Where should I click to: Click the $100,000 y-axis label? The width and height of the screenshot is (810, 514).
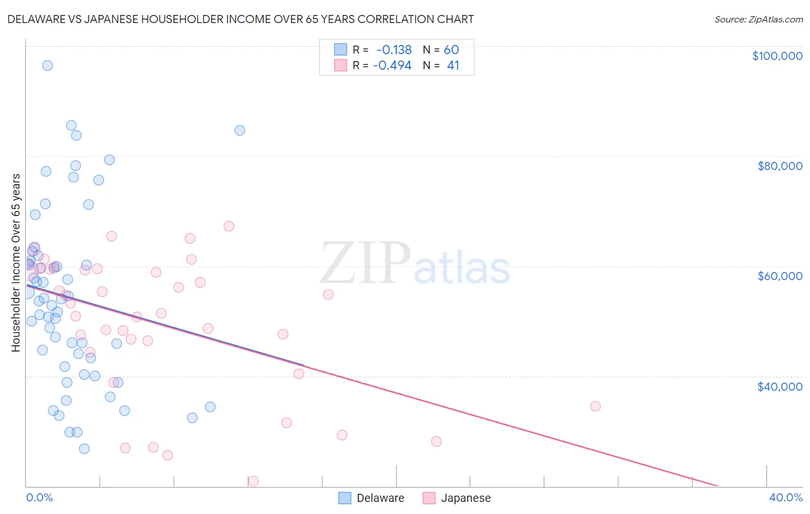[777, 56]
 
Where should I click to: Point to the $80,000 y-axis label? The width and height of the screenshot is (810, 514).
[779, 166]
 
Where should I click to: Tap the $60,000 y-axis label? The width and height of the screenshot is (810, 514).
[779, 276]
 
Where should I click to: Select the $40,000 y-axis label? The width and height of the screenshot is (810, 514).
[779, 386]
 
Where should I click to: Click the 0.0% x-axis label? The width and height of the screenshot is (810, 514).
[39, 497]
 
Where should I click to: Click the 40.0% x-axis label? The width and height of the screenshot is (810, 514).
[785, 497]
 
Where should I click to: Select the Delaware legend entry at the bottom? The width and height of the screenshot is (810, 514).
[372, 498]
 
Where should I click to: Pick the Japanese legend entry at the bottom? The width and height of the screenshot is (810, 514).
[457, 498]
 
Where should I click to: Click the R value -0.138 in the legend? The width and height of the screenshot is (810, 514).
[393, 50]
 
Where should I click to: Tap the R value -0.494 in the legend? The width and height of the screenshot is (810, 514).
[392, 66]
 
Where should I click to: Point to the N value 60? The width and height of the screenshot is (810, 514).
[451, 50]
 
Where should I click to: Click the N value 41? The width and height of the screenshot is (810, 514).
[453, 66]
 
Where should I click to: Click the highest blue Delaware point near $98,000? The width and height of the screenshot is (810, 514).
[47, 66]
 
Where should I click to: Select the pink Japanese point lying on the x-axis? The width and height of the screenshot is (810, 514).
[253, 481]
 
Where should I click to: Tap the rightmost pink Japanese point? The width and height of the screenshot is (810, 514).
[595, 406]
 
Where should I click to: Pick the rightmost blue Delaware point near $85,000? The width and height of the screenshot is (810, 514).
[240, 130]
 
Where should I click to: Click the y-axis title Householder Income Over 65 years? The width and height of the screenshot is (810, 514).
[16, 262]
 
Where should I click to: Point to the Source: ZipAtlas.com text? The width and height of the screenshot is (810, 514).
[758, 19]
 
